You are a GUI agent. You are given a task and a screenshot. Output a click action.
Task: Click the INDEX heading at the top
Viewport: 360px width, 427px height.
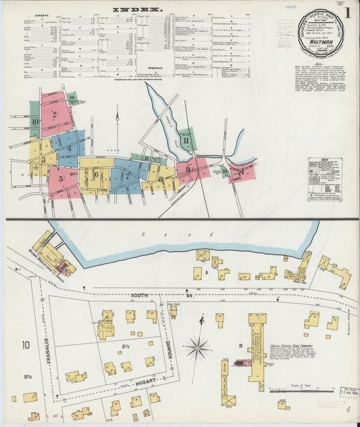pos(137,9)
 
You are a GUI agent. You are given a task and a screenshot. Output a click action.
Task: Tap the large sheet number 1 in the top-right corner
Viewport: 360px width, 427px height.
pos(347,12)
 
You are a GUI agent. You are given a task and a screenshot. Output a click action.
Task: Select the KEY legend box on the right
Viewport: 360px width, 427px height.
pos(322,179)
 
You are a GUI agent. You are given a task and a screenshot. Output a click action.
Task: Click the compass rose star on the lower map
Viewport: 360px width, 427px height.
pos(197,349)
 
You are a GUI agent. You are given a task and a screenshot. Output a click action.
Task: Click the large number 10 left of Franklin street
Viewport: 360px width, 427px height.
pos(26,345)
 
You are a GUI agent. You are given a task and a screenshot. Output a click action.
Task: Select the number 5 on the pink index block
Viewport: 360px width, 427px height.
pos(61,179)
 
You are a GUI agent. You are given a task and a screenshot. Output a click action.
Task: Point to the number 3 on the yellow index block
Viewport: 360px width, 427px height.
pos(43,160)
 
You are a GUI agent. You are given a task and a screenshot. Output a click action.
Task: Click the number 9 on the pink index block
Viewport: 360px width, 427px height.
pos(188,169)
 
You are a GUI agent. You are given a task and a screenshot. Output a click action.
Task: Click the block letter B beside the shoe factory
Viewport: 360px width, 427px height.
pos(240,347)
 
